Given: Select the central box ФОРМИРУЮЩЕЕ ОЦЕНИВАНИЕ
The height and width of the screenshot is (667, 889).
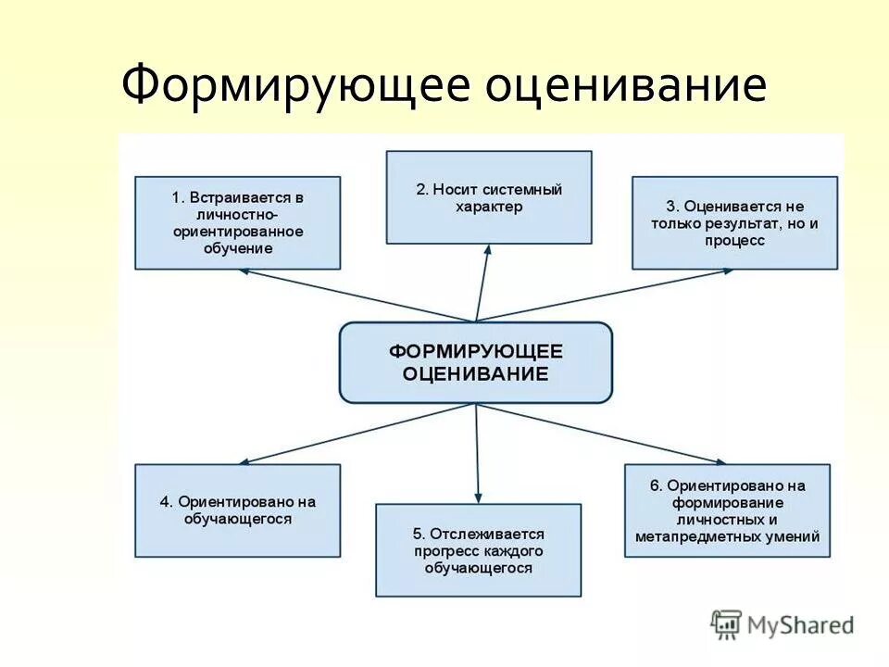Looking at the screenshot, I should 475,362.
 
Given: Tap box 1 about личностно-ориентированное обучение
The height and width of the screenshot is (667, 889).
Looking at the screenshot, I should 237,223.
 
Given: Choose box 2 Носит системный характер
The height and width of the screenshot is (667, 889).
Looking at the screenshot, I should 488,198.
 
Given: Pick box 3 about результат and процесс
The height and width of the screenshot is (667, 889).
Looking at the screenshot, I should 734,223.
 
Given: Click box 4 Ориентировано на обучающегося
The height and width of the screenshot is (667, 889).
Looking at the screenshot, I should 237,510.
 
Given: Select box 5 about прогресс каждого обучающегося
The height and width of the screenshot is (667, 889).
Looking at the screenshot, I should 478,550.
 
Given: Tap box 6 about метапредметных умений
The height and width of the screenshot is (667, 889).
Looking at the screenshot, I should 727,510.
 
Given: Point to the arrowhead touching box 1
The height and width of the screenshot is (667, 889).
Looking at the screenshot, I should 244,271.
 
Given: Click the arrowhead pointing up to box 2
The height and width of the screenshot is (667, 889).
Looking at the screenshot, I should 487,248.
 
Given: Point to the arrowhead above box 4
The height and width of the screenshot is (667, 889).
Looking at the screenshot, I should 243,461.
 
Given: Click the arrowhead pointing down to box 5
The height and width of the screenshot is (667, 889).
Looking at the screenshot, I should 478,499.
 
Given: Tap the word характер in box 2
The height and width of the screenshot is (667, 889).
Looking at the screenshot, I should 488,207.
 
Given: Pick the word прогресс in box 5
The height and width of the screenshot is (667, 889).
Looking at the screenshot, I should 445,551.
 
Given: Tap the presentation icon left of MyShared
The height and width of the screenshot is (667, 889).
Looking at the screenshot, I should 726,624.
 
